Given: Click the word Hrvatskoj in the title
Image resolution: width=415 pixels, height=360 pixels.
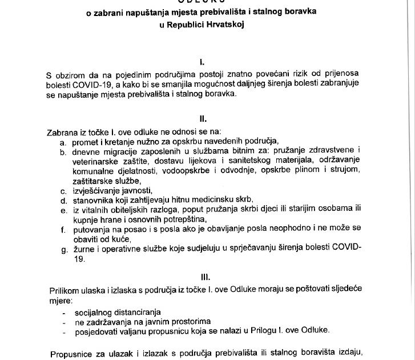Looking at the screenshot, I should pos(223,25).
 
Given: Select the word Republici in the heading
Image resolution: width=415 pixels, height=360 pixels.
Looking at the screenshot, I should pos(185,25).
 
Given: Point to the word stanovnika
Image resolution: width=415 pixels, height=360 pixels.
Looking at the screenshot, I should pos(93,201).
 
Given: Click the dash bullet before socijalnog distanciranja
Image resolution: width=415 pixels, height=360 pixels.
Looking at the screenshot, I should pos(65,311).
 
